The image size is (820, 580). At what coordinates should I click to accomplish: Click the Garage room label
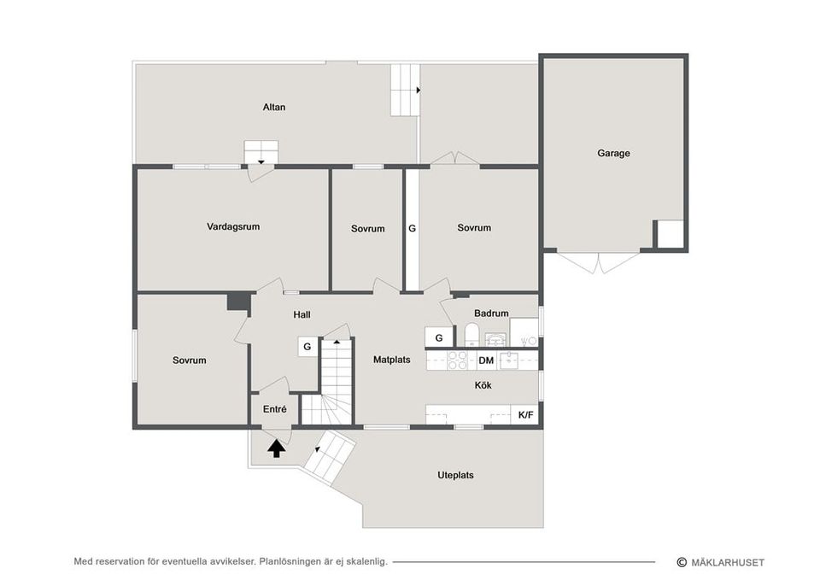pos(613,153)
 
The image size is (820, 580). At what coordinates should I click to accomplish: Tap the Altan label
pos(274,108)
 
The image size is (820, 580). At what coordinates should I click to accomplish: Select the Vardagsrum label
pos(233,227)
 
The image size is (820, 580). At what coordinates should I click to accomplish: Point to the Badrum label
pos(491,313)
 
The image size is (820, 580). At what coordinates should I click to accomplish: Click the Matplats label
pos(392,360)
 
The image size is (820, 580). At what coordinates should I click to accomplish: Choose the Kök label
pos(483,385)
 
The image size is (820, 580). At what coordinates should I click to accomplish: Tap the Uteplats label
pos(455,476)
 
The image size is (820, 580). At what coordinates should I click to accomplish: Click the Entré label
pos(274,409)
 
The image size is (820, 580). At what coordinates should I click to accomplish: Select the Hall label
pos(302,315)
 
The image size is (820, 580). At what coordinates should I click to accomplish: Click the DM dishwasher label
pos(486,360)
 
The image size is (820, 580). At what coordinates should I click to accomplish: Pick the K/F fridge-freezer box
pos(525,415)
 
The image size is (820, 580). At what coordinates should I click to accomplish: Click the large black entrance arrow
pos(276,448)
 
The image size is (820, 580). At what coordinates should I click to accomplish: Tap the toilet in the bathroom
pos(471,335)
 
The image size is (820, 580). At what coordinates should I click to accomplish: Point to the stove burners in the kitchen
pos(458,360)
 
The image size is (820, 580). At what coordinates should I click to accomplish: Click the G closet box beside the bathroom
pos(439,338)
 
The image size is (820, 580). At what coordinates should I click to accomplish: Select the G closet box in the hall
pos(307,347)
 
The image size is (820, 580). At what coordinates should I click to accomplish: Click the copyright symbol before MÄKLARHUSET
pos(682,562)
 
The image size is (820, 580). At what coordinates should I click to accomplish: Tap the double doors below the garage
pos(598,262)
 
